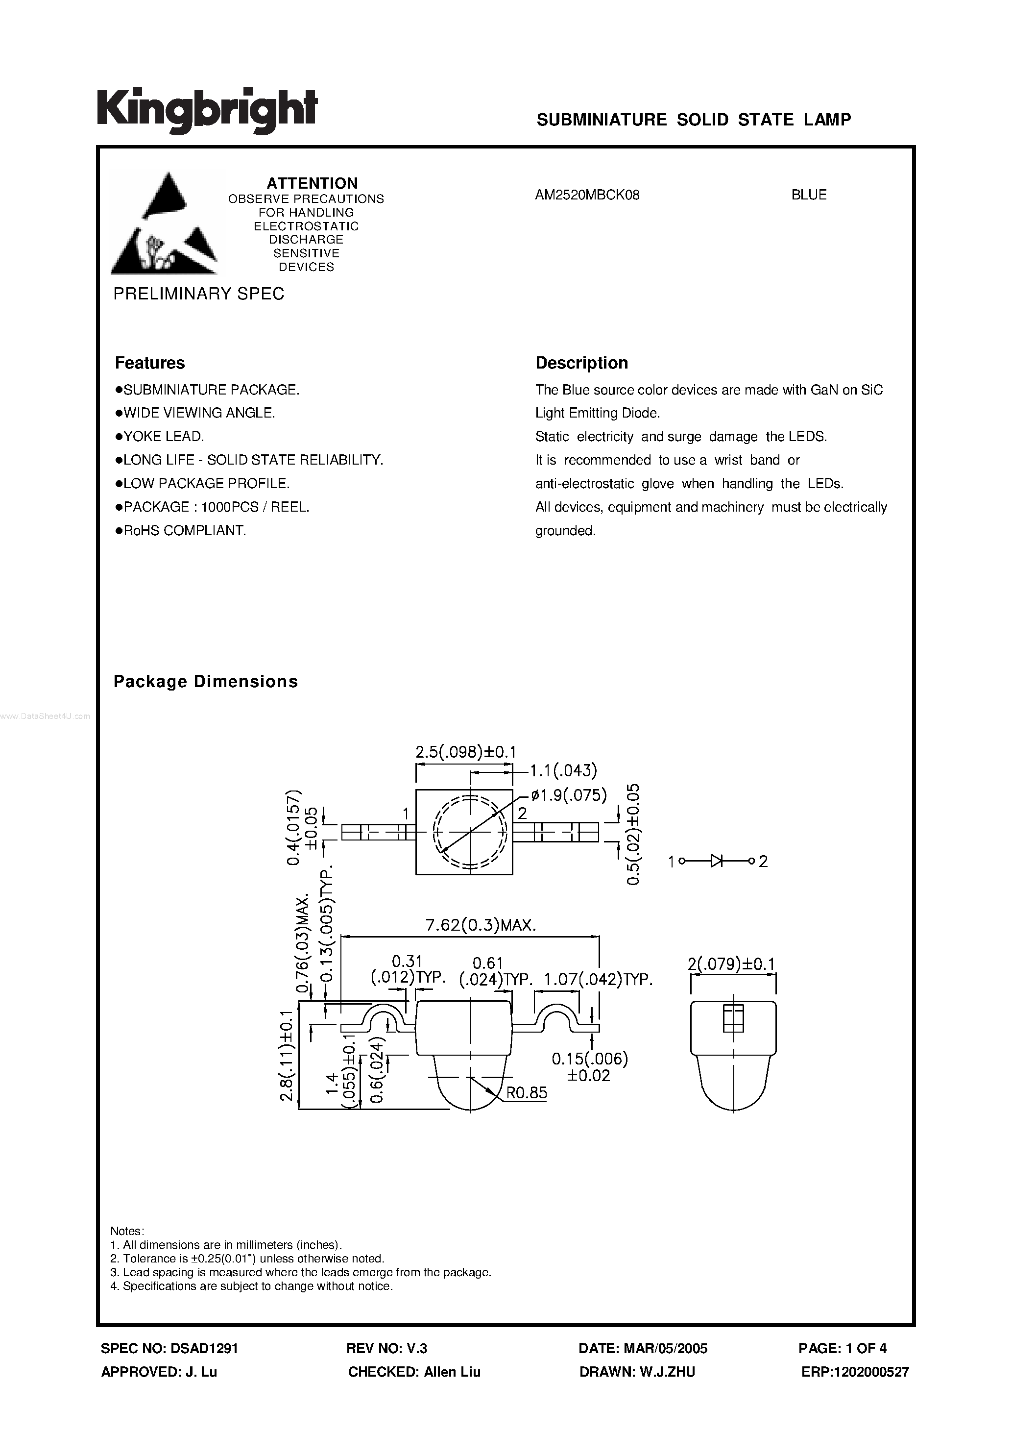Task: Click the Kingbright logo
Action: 207,110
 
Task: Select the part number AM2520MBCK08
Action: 587,195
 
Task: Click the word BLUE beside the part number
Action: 809,195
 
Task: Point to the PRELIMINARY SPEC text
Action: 198,294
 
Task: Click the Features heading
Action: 150,363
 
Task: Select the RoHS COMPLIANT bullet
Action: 181,530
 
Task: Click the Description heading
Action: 581,363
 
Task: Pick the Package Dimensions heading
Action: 205,682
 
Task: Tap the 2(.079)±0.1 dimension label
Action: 731,964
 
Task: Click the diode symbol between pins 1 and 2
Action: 717,861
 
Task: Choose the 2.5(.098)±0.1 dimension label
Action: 465,752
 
